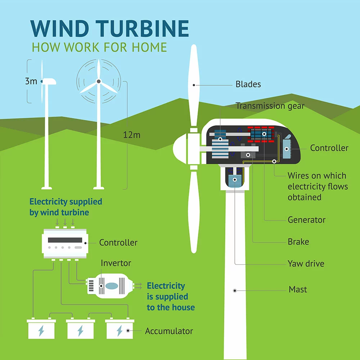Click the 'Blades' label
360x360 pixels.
(x=248, y=84)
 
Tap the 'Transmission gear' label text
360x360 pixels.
(x=270, y=106)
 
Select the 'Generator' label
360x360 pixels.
(x=306, y=220)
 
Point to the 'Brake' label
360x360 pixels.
(x=298, y=242)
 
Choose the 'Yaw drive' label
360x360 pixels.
(x=306, y=264)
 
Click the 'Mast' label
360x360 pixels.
(x=298, y=289)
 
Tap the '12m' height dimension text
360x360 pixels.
(x=131, y=135)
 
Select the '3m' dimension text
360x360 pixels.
(x=31, y=81)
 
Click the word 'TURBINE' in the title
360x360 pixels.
(x=142, y=28)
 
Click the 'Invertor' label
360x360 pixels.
(x=116, y=263)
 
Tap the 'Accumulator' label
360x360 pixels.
(x=169, y=331)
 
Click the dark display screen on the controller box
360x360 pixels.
(x=65, y=240)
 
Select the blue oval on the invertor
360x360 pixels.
(x=112, y=286)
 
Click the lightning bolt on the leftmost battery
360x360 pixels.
(x=41, y=331)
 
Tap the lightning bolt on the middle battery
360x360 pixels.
(x=80, y=331)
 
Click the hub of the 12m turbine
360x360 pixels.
(x=99, y=81)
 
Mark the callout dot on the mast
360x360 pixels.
(x=235, y=291)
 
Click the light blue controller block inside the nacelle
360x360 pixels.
(x=287, y=149)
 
